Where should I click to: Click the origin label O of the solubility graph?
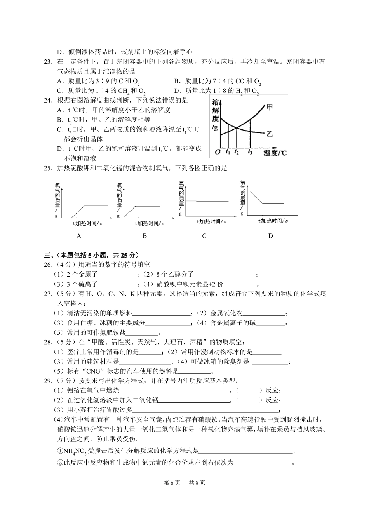pyautogui.click(x=218, y=152)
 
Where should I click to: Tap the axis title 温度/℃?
pyautogui.click(x=275, y=153)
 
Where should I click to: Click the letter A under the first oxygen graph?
pyautogui.click(x=79, y=236)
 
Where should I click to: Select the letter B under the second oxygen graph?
pyautogui.click(x=144, y=236)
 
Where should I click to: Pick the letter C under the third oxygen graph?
pyautogui.click(x=204, y=236)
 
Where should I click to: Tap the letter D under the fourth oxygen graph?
pyautogui.click(x=271, y=236)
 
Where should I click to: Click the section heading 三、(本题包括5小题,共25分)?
pyautogui.click(x=91, y=255)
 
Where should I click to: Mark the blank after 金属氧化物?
pyautogui.click(x=264, y=314)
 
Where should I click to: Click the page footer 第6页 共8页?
pyautogui.click(x=184, y=483)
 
